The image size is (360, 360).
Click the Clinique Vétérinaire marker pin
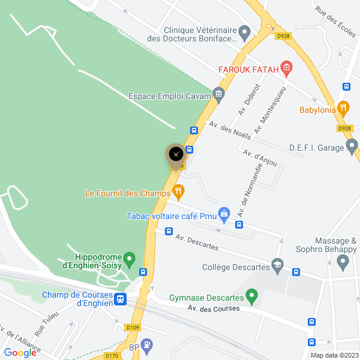tap(244, 31)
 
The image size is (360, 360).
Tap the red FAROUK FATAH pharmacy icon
tap(286, 68)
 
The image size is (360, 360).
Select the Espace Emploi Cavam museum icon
tap(218, 94)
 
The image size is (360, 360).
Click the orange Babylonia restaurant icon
tap(343, 108)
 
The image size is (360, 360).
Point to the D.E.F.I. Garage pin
tap(352, 146)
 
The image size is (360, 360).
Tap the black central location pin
tap(176, 154)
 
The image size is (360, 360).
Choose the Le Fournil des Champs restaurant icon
tap(178, 192)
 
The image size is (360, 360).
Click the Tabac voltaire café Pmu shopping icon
tap(224, 213)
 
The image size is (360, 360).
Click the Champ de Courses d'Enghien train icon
tap(121, 298)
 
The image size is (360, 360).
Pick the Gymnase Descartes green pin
tap(252, 295)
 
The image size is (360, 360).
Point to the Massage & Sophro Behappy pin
tap(343, 261)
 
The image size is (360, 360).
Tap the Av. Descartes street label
tap(197, 242)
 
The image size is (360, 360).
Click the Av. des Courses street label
tap(213, 308)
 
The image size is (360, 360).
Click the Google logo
tap(20, 353)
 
